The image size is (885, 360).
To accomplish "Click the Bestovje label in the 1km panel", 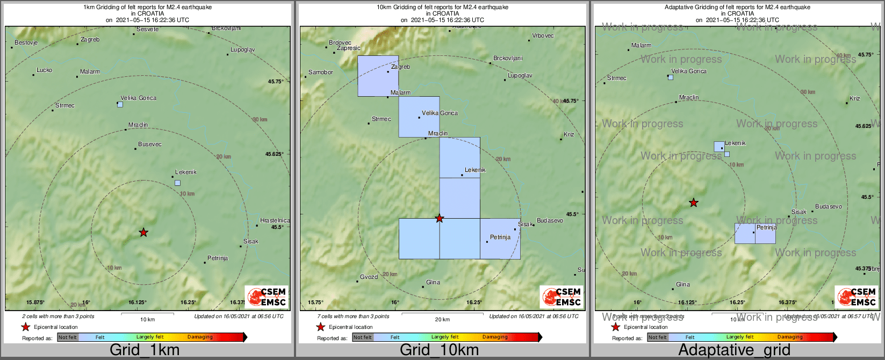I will coord(26,42).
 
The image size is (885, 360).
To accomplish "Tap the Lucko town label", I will coord(44,70).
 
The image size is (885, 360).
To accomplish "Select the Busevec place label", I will coord(149,144).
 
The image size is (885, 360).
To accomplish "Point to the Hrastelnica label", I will coord(275,220).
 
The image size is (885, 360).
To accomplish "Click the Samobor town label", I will coord(320,72).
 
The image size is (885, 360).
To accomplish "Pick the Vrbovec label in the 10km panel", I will coord(543,36).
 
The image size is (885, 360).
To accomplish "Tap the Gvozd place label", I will coord(369,277).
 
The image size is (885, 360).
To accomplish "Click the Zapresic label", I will coord(348,48).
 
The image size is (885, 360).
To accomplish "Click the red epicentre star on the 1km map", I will coord(143,232).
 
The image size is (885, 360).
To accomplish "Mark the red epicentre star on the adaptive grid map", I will coord(694,203).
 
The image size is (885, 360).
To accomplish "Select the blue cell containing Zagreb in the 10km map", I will coord(378,76).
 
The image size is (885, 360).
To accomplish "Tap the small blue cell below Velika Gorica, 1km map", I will coord(120,104).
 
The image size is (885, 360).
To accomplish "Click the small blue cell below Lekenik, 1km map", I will coord(177,183).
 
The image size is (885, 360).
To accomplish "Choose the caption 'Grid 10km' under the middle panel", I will coord(439,350).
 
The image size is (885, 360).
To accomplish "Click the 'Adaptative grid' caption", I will coord(734,350).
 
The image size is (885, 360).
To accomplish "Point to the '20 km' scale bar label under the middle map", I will coord(442,320).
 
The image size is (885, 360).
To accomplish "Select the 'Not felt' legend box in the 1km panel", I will coord(68,337).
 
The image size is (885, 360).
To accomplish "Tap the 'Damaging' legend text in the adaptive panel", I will coord(790,337).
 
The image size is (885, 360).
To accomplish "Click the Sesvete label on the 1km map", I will coord(147,29).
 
